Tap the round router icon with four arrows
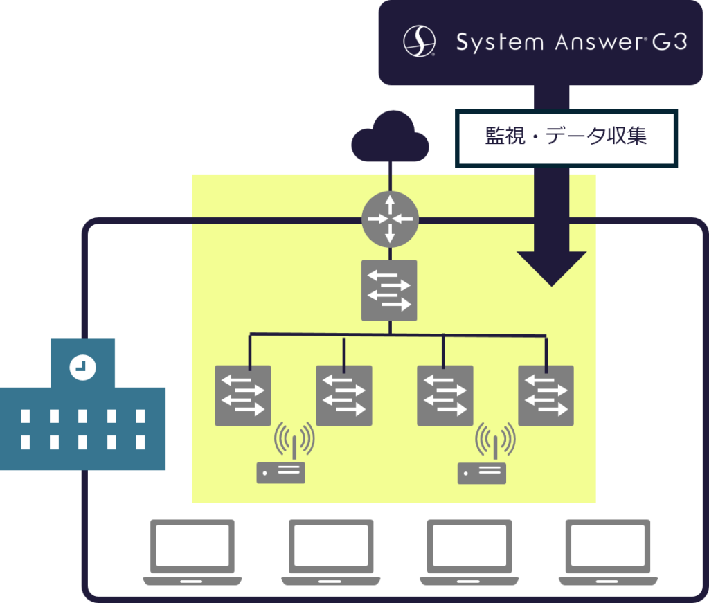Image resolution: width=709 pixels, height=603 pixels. pyautogui.click(x=390, y=219)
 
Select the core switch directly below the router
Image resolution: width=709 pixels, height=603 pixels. pyautogui.click(x=389, y=290)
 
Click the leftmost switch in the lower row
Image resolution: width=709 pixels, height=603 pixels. pyautogui.click(x=242, y=395)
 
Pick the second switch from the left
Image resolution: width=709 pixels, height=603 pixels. pyautogui.click(x=344, y=395)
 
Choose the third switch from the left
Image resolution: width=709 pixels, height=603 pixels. pyautogui.click(x=445, y=395)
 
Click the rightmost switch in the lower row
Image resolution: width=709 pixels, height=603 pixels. pyautogui.click(x=546, y=395)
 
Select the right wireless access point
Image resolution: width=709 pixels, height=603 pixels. pyautogui.click(x=482, y=460)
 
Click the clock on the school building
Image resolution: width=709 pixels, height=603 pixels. pyautogui.click(x=82, y=367)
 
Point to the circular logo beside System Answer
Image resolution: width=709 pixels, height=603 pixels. pyautogui.click(x=419, y=41)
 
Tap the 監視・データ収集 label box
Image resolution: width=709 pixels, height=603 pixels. pyautogui.click(x=566, y=137)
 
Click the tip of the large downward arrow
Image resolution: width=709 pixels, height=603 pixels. pyautogui.click(x=552, y=284)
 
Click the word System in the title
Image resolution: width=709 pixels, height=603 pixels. pyautogui.click(x=499, y=43)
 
